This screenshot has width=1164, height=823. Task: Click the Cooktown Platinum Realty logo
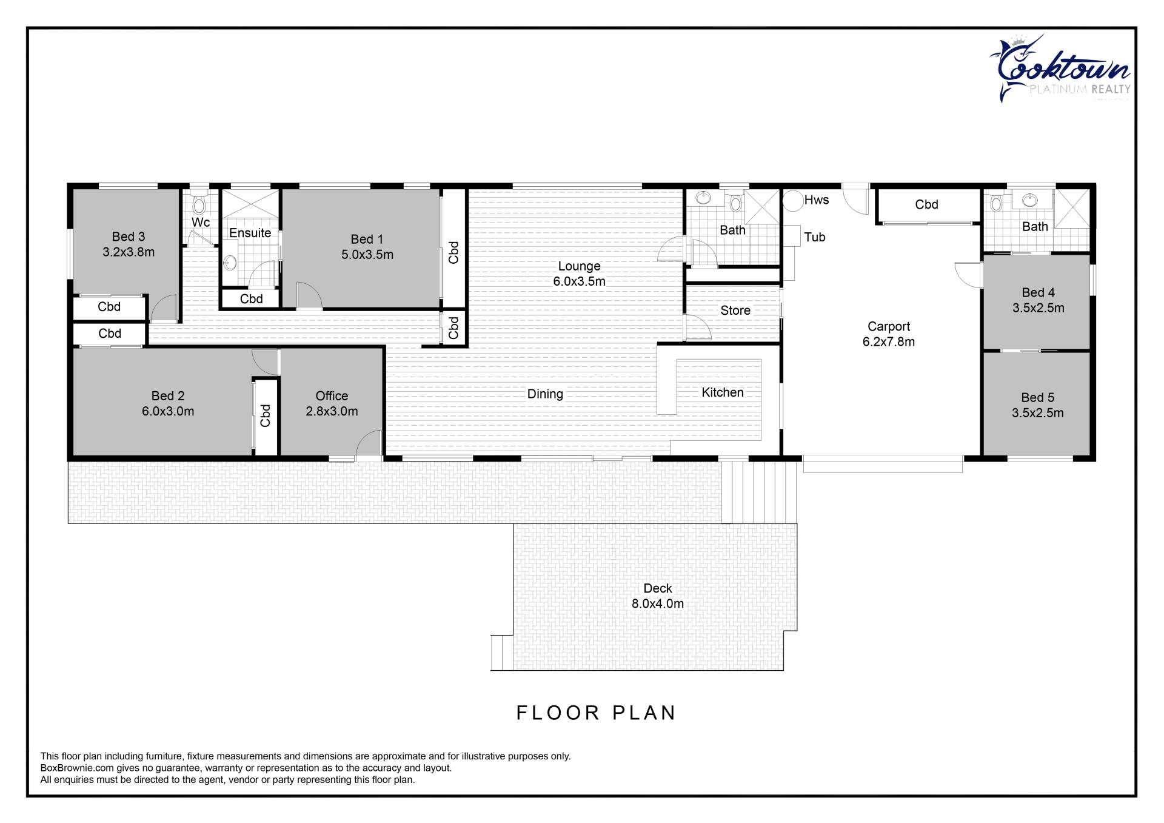(x=1060, y=69)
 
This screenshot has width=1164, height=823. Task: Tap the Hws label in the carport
(x=817, y=200)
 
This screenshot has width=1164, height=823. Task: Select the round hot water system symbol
(x=792, y=200)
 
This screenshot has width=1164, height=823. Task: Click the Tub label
(x=815, y=237)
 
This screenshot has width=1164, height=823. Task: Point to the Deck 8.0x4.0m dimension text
(x=658, y=603)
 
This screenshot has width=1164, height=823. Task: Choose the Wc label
(x=201, y=222)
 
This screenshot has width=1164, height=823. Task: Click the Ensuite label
(x=250, y=233)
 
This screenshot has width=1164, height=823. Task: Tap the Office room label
(x=332, y=396)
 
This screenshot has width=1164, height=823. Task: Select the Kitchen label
(x=723, y=392)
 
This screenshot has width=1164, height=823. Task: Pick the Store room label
(x=735, y=311)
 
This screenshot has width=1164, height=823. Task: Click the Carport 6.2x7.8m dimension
(x=889, y=341)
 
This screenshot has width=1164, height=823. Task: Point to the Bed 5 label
(x=1038, y=397)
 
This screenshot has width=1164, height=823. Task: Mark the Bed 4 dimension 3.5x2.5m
(x=1039, y=307)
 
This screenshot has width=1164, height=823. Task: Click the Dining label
(x=545, y=394)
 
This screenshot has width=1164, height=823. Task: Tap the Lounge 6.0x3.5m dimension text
(x=579, y=281)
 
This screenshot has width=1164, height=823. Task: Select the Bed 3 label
(x=129, y=237)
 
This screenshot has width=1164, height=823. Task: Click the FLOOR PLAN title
(x=596, y=713)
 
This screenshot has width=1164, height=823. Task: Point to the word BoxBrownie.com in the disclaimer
(x=77, y=768)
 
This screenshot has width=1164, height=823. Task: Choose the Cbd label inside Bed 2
(x=266, y=415)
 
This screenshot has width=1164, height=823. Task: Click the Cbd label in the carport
(x=926, y=204)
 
